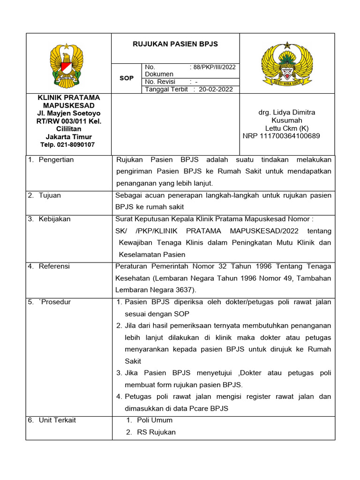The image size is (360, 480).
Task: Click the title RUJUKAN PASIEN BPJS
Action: click(x=175, y=44)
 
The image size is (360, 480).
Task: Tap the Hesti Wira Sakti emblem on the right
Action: click(x=287, y=63)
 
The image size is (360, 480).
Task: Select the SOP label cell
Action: click(x=126, y=78)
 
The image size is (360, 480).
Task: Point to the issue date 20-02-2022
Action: click(x=215, y=89)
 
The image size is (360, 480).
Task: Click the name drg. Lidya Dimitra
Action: click(x=287, y=112)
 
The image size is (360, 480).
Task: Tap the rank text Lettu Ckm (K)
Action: click(x=287, y=128)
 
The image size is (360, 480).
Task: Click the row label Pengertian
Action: click(x=56, y=160)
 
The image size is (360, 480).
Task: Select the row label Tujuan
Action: click(x=50, y=195)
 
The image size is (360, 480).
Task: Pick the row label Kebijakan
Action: click(x=54, y=219)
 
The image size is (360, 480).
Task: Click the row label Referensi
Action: click(x=54, y=266)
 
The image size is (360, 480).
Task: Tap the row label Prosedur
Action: click(x=55, y=302)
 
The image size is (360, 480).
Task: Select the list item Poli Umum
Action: click(x=154, y=420)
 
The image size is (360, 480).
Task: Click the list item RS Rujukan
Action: click(x=156, y=432)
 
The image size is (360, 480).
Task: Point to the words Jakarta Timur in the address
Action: click(x=68, y=137)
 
